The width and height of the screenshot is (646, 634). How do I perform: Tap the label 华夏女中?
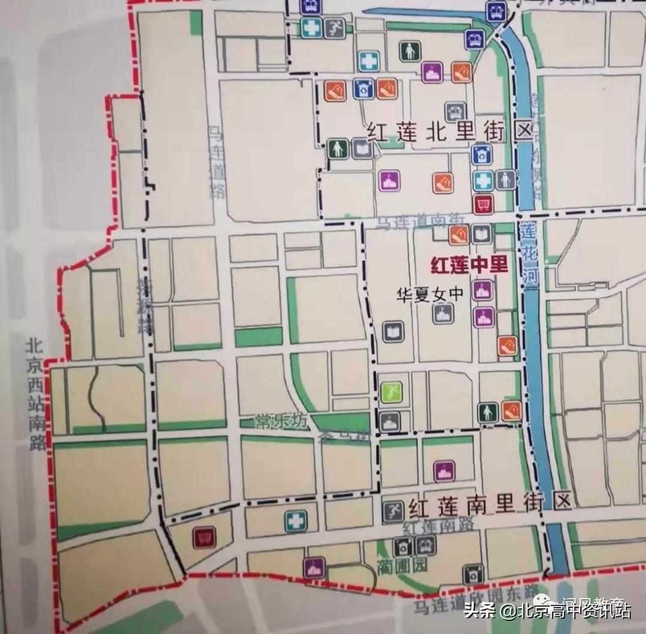coord(422,294)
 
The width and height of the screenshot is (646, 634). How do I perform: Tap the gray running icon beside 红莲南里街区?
coord(392,512)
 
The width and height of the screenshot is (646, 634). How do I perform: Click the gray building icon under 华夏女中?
coord(443,313)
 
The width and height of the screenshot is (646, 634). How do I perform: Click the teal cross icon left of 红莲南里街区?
coord(294,520)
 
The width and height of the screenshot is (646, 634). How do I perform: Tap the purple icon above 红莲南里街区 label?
coord(443,471)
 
